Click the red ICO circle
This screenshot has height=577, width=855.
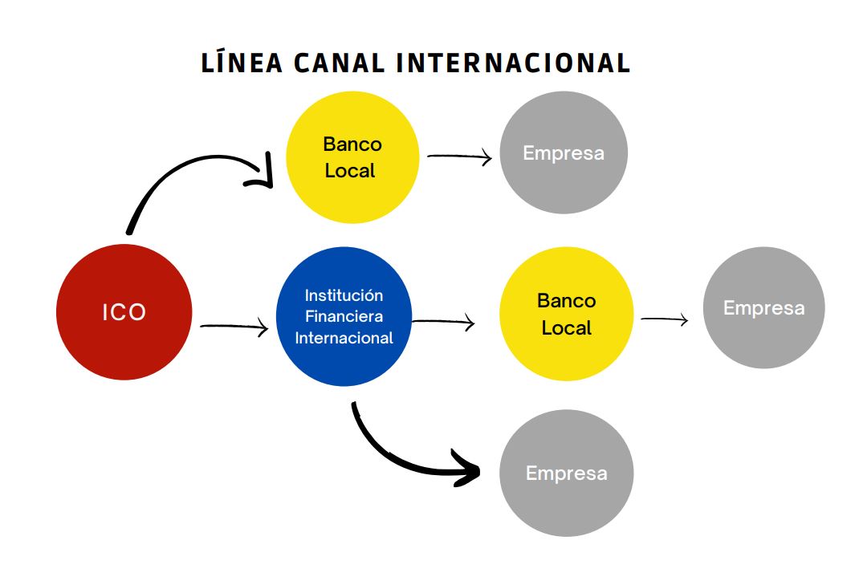(x=124, y=311)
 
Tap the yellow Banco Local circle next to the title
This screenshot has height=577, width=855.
(x=352, y=157)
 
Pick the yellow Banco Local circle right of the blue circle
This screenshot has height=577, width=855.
(x=566, y=314)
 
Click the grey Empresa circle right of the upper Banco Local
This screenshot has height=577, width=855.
(x=563, y=152)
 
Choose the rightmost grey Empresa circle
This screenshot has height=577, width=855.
(x=763, y=308)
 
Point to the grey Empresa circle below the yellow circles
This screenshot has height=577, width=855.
(x=566, y=473)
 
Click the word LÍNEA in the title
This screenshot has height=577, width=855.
(x=242, y=63)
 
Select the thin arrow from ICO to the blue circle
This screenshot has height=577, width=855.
(x=233, y=327)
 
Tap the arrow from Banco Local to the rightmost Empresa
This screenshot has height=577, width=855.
(x=665, y=319)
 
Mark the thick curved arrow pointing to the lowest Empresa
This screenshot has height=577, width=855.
(x=393, y=457)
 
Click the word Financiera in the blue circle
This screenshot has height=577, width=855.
(x=344, y=316)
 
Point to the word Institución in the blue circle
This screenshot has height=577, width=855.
(x=344, y=296)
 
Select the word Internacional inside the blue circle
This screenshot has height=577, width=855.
(x=344, y=338)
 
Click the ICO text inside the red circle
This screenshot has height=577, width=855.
(x=124, y=312)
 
